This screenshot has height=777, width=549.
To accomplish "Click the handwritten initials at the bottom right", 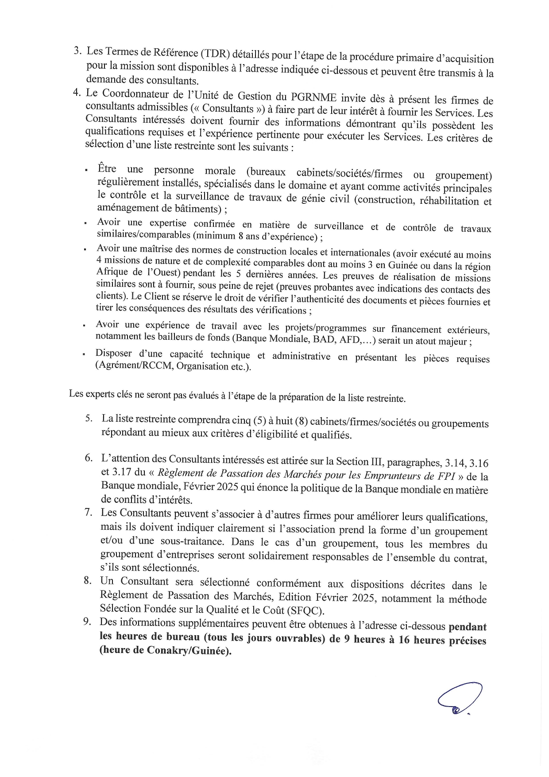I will coord(459,699).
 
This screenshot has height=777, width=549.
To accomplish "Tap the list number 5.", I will coord(89,418).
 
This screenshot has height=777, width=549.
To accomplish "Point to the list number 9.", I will coord(87,622).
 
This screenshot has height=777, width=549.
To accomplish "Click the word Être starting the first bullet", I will coord(107,169).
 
